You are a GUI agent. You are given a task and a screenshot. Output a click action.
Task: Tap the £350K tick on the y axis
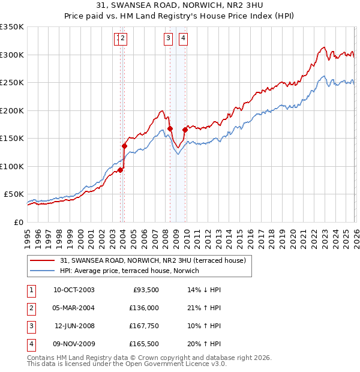tap(12, 27)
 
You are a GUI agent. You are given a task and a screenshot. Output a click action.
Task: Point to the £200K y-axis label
tap(12, 110)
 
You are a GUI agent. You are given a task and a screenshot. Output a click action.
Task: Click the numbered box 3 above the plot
tap(168, 38)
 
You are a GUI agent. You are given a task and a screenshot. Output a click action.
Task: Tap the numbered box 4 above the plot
tap(182, 38)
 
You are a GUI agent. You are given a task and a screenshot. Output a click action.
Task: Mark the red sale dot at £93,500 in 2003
tap(121, 170)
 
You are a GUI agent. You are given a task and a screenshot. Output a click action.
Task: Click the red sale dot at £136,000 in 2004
tap(125, 146)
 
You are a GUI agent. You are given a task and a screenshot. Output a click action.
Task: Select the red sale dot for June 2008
tap(170, 128)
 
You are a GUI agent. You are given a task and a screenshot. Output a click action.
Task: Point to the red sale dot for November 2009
tap(185, 130)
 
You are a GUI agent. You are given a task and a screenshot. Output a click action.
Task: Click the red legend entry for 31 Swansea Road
tap(153, 260)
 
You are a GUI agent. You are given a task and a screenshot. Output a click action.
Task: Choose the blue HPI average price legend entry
tap(128, 271)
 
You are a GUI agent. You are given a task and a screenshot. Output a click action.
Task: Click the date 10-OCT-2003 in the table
tap(74, 290)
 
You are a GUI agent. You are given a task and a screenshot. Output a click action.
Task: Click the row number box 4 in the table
tap(30, 344)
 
